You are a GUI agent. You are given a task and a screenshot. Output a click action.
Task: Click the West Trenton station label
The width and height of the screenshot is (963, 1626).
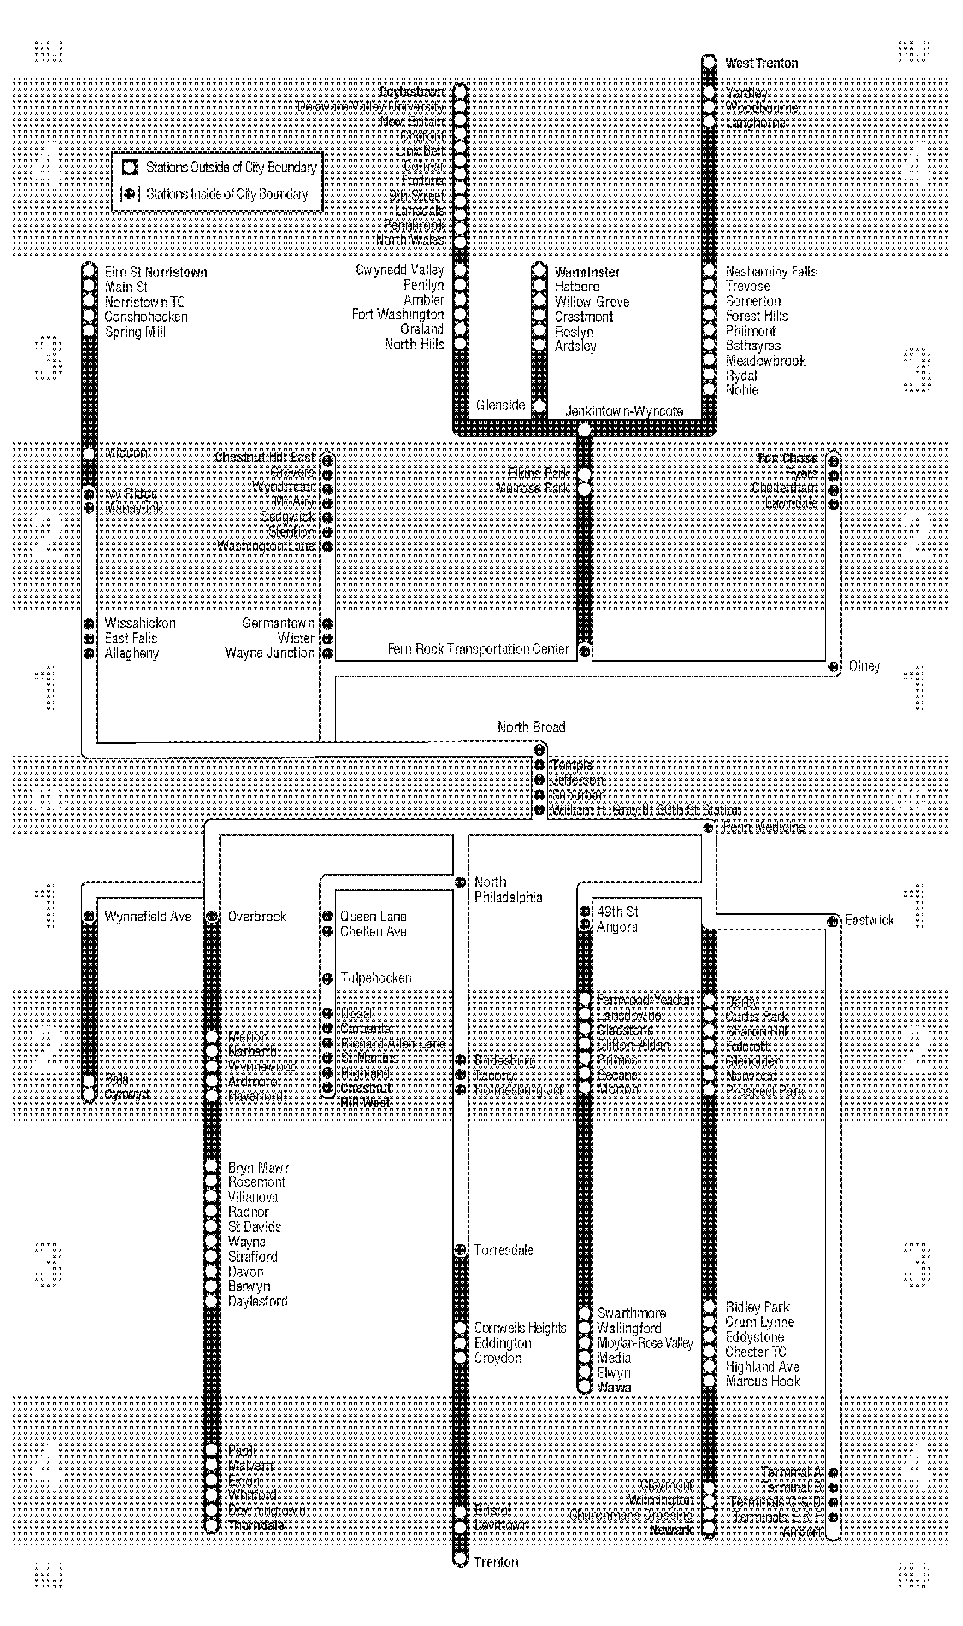pyautogui.click(x=761, y=63)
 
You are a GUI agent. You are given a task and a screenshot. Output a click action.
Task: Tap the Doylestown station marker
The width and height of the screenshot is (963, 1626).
pyautogui.click(x=460, y=91)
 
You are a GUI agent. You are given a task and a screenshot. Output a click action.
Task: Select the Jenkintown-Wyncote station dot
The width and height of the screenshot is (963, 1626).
pyautogui.click(x=584, y=429)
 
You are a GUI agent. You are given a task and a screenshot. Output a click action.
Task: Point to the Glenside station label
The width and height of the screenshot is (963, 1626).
pyautogui.click(x=500, y=405)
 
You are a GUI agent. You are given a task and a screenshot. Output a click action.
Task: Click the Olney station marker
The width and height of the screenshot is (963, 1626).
pyautogui.click(x=833, y=667)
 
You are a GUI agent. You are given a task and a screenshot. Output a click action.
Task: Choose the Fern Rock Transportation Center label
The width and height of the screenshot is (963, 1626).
pyautogui.click(x=478, y=649)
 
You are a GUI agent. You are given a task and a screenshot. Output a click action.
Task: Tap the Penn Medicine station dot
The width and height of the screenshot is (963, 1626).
pyautogui.click(x=708, y=827)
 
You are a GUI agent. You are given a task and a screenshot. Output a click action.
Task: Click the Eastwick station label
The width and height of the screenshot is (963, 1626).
pyautogui.click(x=869, y=920)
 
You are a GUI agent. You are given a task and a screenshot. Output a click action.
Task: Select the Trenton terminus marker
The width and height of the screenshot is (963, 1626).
pyautogui.click(x=460, y=1559)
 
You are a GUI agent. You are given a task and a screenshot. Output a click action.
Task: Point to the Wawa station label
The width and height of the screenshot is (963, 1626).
pyautogui.click(x=613, y=1387)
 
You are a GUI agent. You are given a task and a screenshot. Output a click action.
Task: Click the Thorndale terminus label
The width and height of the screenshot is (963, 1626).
pyautogui.click(x=256, y=1525)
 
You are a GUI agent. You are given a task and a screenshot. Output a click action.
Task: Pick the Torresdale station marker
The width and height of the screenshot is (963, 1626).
pyautogui.click(x=460, y=1250)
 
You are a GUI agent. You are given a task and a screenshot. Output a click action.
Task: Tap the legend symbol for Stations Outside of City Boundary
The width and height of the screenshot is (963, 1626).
pyautogui.click(x=130, y=167)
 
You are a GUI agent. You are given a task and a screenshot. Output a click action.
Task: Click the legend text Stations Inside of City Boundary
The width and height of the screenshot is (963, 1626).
pyautogui.click(x=226, y=193)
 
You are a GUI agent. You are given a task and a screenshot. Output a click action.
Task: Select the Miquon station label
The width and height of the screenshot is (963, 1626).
pyautogui.click(x=126, y=452)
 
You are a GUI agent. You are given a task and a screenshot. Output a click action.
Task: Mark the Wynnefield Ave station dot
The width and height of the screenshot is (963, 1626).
pyautogui.click(x=90, y=916)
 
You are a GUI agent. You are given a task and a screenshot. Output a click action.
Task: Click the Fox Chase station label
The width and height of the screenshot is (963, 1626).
pyautogui.click(x=787, y=458)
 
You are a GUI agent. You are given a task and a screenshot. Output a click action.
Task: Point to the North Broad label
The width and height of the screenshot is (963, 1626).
pyautogui.click(x=531, y=727)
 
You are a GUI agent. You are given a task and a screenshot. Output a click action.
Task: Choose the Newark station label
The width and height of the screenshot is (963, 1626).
pyautogui.click(x=671, y=1530)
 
